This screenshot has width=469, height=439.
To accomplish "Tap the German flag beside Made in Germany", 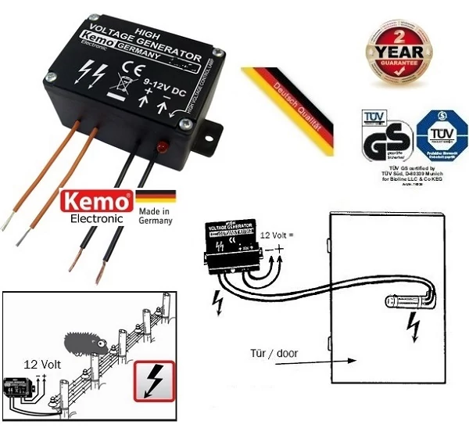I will pyautogui.click(x=156, y=197).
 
